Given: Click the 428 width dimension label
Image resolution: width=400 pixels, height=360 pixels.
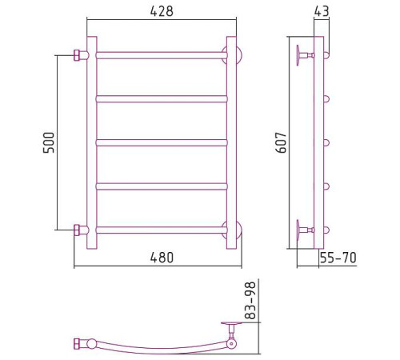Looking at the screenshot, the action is (162, 11).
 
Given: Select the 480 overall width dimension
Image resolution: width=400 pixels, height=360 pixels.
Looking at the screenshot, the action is (162, 258).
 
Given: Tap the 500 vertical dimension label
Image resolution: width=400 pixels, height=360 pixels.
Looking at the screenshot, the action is (49, 142).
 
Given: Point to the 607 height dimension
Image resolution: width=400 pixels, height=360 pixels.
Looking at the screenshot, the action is (281, 142).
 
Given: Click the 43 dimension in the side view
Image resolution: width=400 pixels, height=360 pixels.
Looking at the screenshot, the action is (322, 11).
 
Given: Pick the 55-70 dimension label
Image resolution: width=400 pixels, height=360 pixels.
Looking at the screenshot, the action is (338, 258).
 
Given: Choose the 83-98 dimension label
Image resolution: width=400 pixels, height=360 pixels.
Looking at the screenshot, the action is (250, 300).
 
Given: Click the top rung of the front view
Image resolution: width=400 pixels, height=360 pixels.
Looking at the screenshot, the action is (162, 55).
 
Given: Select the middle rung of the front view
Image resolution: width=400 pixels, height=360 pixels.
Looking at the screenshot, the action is (162, 142).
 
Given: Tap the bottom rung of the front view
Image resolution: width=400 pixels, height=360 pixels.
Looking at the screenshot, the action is (162, 230).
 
